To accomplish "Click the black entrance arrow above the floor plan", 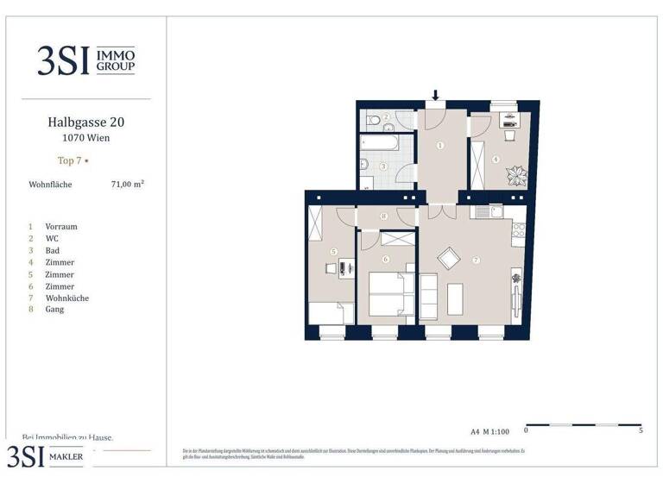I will click(x=436, y=95).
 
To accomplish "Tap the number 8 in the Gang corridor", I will click(x=383, y=216).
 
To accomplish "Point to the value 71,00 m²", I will click(x=127, y=184).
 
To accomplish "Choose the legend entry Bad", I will click(x=53, y=250).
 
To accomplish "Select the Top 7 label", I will click(x=70, y=160).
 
